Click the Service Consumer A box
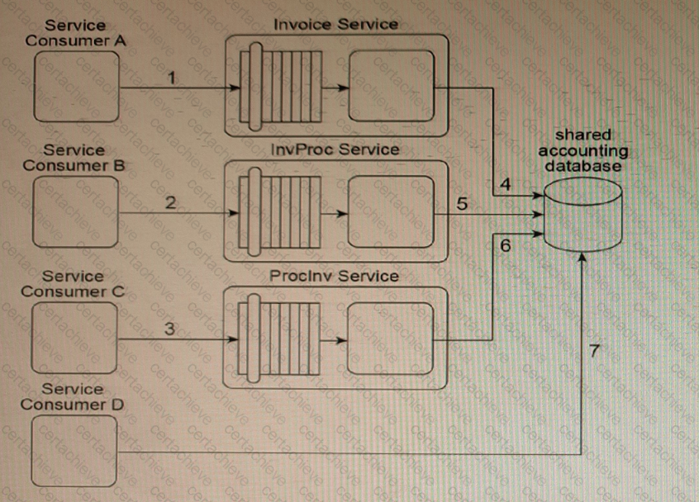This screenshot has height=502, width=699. click(76, 87)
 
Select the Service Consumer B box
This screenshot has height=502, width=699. click(76, 212)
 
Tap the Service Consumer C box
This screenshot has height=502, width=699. click(76, 338)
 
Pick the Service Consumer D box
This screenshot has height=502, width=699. click(76, 451)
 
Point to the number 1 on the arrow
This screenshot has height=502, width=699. click(171, 78)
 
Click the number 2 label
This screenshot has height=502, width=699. click(170, 202)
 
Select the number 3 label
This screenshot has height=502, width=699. click(169, 328)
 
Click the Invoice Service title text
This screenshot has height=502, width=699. click(335, 24)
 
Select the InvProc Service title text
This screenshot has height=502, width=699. click(335, 149)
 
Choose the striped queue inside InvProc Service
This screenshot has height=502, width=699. click(280, 212)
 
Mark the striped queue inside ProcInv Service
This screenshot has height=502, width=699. click(280, 338)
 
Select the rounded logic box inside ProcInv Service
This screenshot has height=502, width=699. click(391, 338)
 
